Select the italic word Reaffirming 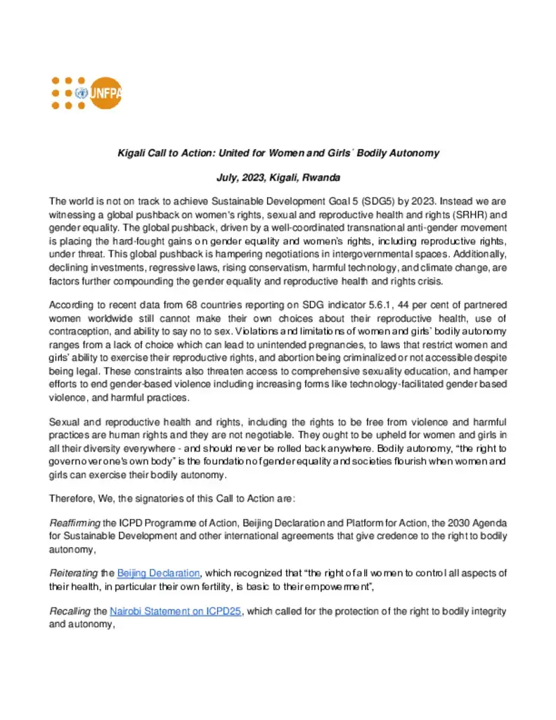(75, 524)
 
